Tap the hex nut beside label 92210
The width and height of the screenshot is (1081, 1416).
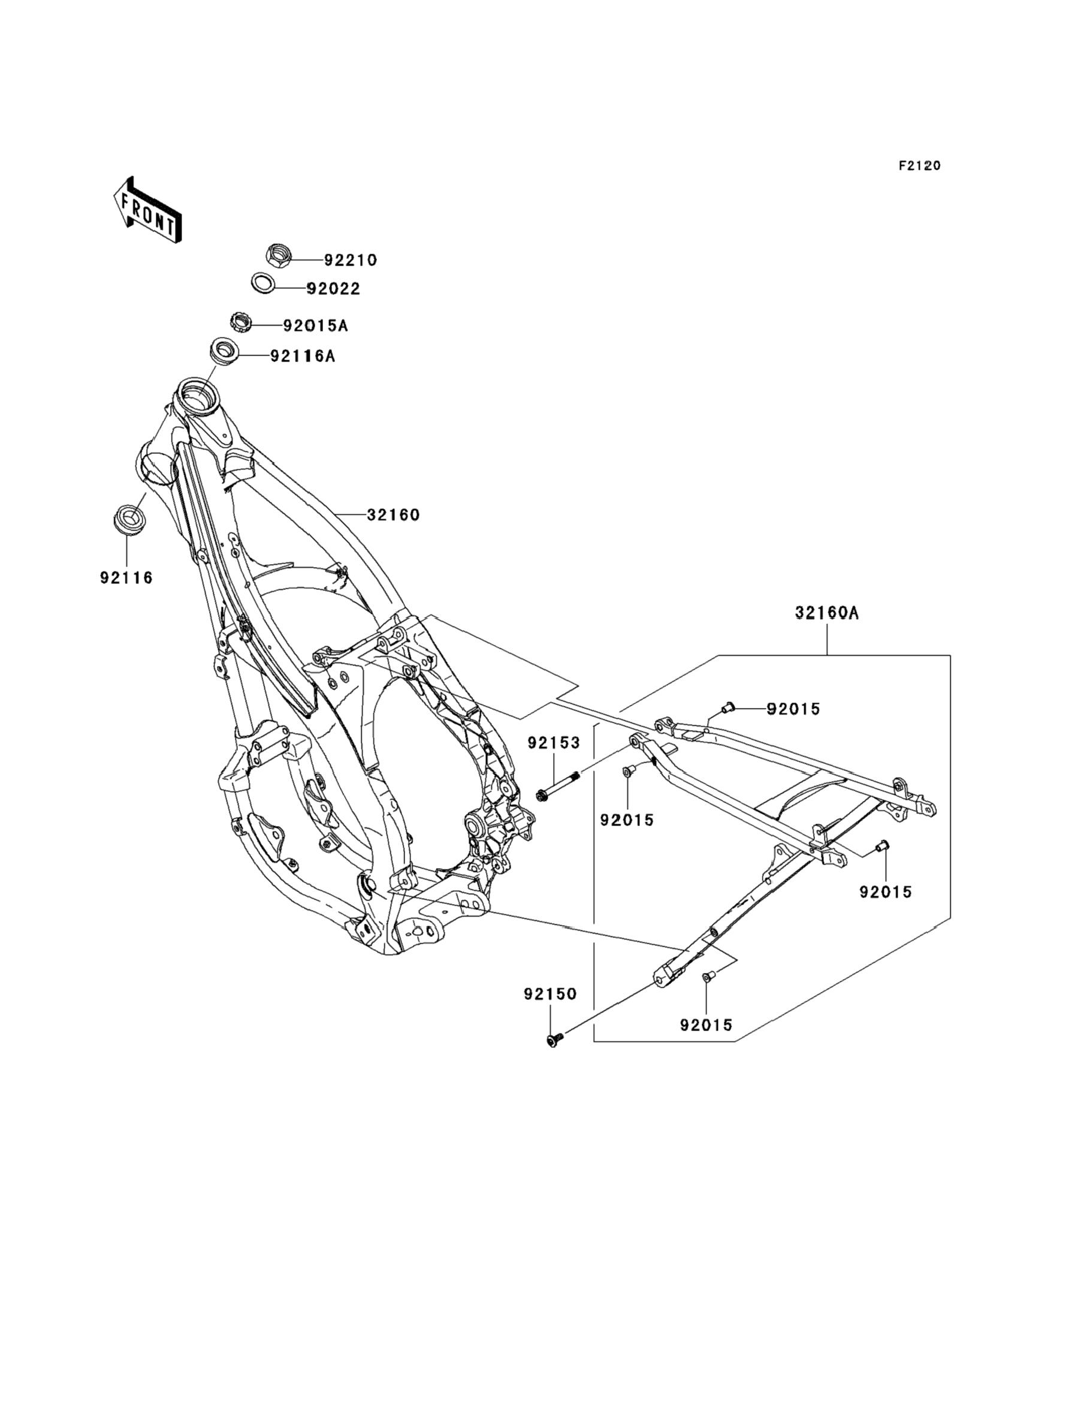coord(279,255)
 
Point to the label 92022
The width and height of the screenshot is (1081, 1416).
coord(333,289)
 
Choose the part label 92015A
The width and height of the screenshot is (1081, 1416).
coord(315,326)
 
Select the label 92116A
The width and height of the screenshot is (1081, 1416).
coord(303,356)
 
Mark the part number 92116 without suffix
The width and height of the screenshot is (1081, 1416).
coord(127,578)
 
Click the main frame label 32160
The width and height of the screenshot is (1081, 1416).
coord(393,515)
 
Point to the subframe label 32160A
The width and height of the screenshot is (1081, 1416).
coord(827,613)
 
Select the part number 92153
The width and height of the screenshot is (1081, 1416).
coord(554,743)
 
